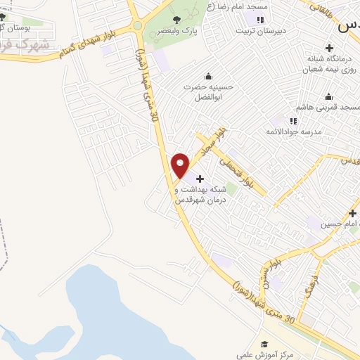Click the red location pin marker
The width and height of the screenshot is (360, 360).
click(x=180, y=165)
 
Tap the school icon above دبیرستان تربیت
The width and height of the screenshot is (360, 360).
click(x=261, y=20)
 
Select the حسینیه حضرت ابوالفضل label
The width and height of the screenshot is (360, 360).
click(x=209, y=91)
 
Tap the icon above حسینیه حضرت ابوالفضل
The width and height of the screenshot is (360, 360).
click(x=208, y=77)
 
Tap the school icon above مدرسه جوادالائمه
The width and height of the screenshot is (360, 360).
click(x=293, y=121)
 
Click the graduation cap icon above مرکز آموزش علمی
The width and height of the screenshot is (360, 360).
click(x=264, y=344)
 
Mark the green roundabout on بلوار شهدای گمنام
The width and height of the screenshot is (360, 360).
click(x=138, y=25)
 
